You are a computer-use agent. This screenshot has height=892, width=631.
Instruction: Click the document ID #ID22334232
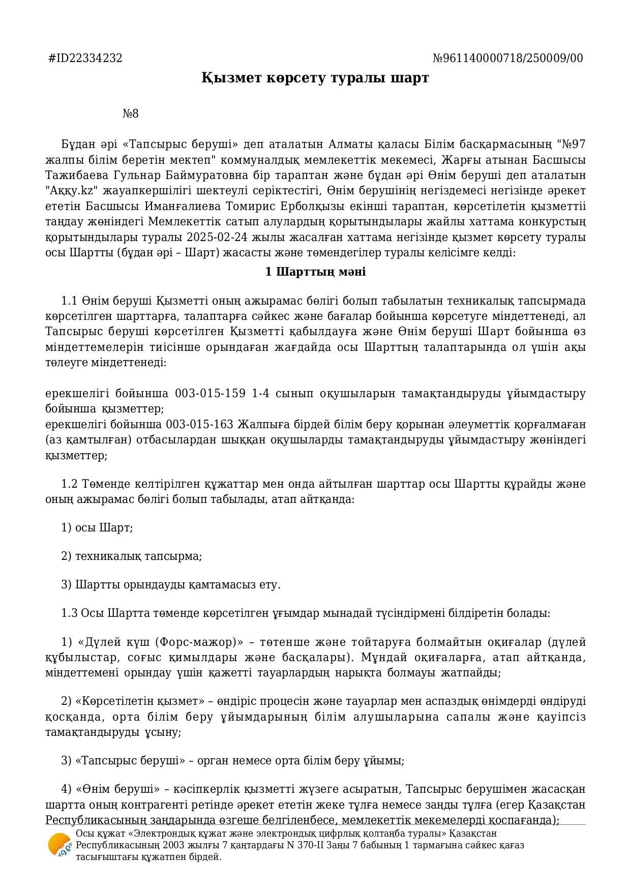[85, 58]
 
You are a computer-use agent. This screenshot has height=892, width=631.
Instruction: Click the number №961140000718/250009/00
[507, 58]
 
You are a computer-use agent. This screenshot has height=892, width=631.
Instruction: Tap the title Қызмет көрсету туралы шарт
[315, 78]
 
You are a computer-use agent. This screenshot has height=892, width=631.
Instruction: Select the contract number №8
[131, 114]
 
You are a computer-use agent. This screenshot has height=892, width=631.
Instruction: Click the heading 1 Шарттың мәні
[315, 272]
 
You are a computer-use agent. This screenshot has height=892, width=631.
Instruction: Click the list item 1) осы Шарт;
[97, 528]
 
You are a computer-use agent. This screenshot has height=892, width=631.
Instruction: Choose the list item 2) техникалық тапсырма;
[132, 556]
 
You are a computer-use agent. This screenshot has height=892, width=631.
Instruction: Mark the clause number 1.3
[69, 613]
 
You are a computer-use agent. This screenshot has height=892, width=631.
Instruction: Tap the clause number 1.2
[69, 484]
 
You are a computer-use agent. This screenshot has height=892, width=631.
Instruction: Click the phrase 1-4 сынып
[283, 394]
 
